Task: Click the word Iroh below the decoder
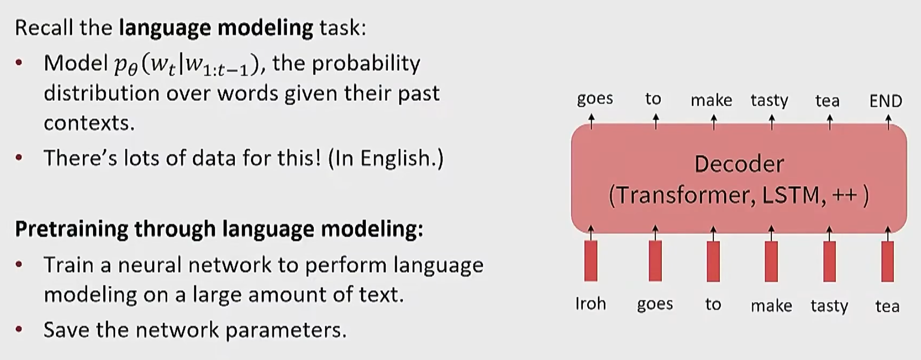point(591,303)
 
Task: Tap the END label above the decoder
point(885,101)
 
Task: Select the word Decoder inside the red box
point(739,164)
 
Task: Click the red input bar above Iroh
point(591,261)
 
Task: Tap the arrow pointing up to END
point(888,122)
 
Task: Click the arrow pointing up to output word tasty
point(771,122)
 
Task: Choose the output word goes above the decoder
point(595,99)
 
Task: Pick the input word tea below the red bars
point(887,306)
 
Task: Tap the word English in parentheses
point(398,158)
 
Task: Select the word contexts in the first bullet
point(89,123)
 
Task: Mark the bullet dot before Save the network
point(19,330)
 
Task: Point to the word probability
point(365,64)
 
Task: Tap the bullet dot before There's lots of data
point(19,158)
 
